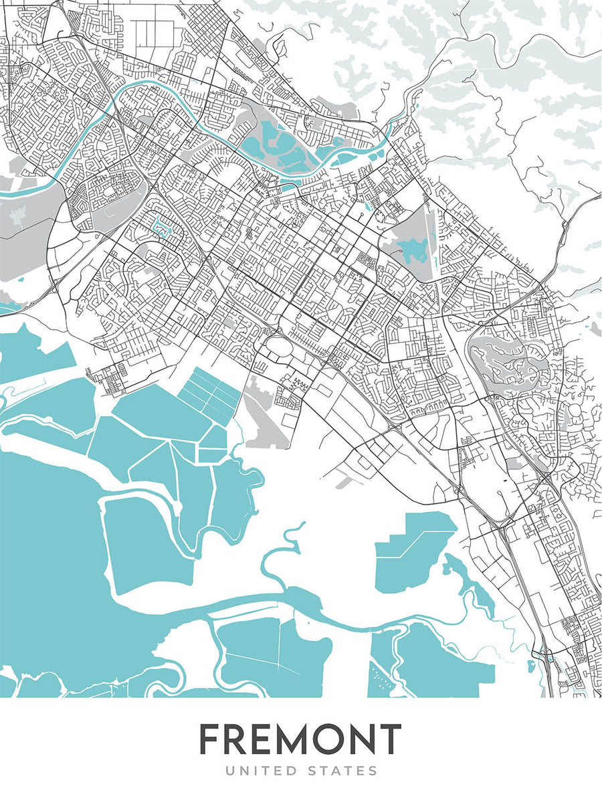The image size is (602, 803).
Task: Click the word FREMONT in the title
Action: tap(300, 739)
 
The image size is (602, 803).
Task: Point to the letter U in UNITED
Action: tap(229, 772)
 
